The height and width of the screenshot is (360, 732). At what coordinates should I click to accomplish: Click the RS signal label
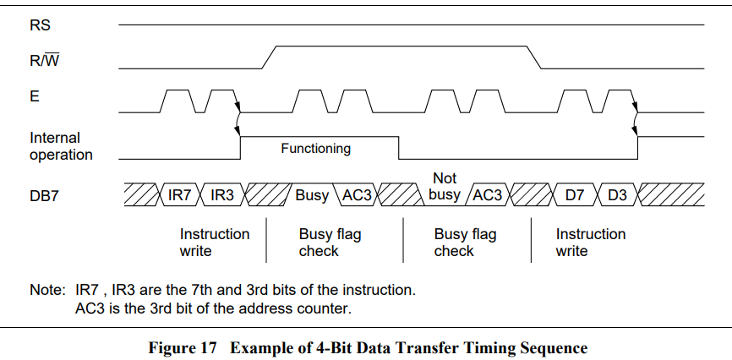point(40,25)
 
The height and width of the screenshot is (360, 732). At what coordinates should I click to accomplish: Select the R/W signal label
point(44,61)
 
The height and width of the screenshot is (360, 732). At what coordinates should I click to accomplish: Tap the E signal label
point(35,97)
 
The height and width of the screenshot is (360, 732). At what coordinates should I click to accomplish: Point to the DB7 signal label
point(45,196)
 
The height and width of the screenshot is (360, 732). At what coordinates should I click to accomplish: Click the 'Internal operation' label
point(60,145)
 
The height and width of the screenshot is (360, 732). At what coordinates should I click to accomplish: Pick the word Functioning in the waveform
point(315,149)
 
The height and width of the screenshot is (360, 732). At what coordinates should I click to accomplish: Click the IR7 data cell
point(180,195)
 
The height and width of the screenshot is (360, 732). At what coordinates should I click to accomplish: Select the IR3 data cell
point(221,195)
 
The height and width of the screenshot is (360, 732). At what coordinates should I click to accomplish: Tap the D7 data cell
point(575,195)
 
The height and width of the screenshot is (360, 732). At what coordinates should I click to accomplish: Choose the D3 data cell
point(617,195)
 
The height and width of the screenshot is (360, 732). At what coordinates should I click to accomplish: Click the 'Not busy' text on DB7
point(445,187)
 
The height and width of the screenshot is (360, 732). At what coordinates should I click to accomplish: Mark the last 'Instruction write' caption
point(590,243)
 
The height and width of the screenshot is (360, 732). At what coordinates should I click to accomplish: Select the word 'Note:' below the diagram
point(47,290)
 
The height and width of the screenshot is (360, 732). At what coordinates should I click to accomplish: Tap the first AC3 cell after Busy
point(357,195)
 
